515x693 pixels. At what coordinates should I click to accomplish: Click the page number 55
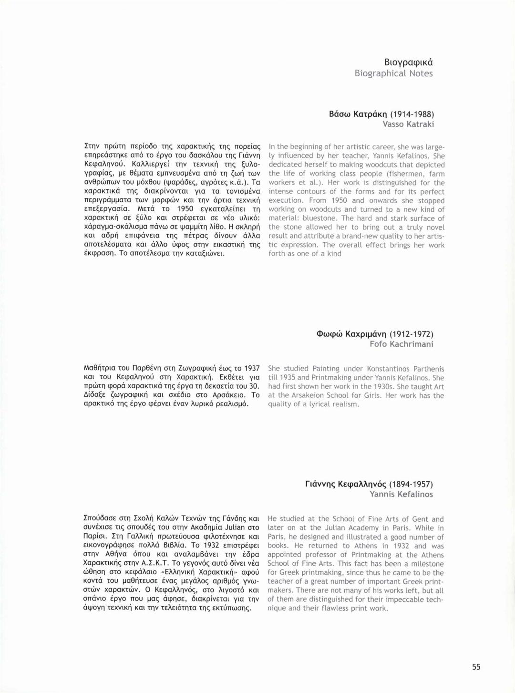coord(476,667)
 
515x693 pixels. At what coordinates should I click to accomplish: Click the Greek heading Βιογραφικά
coord(408,62)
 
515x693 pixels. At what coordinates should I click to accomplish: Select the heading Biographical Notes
coord(393,73)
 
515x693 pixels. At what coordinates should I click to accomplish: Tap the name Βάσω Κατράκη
coord(358,114)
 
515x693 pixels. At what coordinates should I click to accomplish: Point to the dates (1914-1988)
coord(412,114)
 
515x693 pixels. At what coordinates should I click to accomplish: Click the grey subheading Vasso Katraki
coord(408,124)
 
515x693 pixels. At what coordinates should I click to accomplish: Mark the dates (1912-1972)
coord(411,334)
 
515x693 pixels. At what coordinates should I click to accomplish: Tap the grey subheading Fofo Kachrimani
coord(401,344)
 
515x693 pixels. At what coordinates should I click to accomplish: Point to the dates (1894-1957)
coord(411,484)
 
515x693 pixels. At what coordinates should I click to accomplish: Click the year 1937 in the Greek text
coord(252,368)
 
